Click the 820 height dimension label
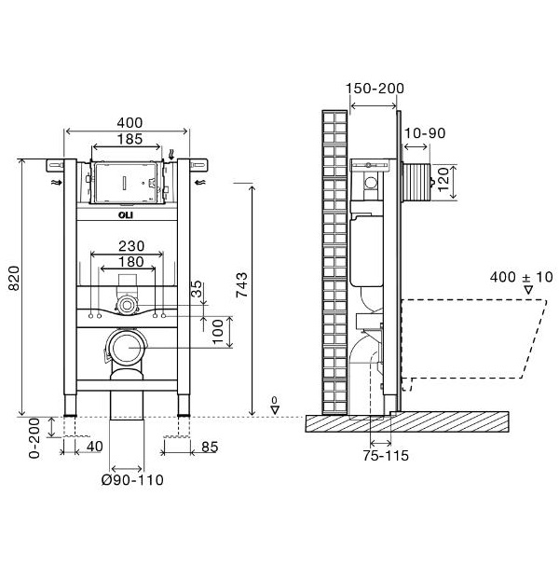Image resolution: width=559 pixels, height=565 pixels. [14, 278]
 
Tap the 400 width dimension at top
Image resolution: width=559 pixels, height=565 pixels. [130, 122]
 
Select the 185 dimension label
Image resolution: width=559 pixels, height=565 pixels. [130, 139]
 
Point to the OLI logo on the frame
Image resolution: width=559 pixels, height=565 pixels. [126, 215]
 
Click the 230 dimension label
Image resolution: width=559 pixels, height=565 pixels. [131, 246]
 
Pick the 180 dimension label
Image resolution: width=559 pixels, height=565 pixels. [131, 262]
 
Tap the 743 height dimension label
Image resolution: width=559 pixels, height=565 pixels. [241, 284]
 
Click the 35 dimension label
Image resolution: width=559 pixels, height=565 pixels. [197, 289]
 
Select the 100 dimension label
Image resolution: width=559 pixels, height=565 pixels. [218, 332]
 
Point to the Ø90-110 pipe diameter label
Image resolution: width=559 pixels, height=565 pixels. [132, 480]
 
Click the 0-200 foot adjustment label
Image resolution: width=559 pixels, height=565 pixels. [34, 438]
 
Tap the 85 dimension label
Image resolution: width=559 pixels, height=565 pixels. [210, 448]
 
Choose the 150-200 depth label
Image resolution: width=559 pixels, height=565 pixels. [375, 89]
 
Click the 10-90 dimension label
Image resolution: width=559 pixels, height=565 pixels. [425, 133]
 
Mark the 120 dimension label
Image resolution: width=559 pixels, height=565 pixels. [443, 179]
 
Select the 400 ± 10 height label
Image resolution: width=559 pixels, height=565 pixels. [521, 277]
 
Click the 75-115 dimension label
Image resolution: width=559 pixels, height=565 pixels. [386, 456]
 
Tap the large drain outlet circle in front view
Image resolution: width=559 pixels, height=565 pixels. [127, 348]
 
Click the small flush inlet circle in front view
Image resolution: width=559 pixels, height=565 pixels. [127, 305]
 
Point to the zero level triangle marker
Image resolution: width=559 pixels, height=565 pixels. [276, 410]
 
